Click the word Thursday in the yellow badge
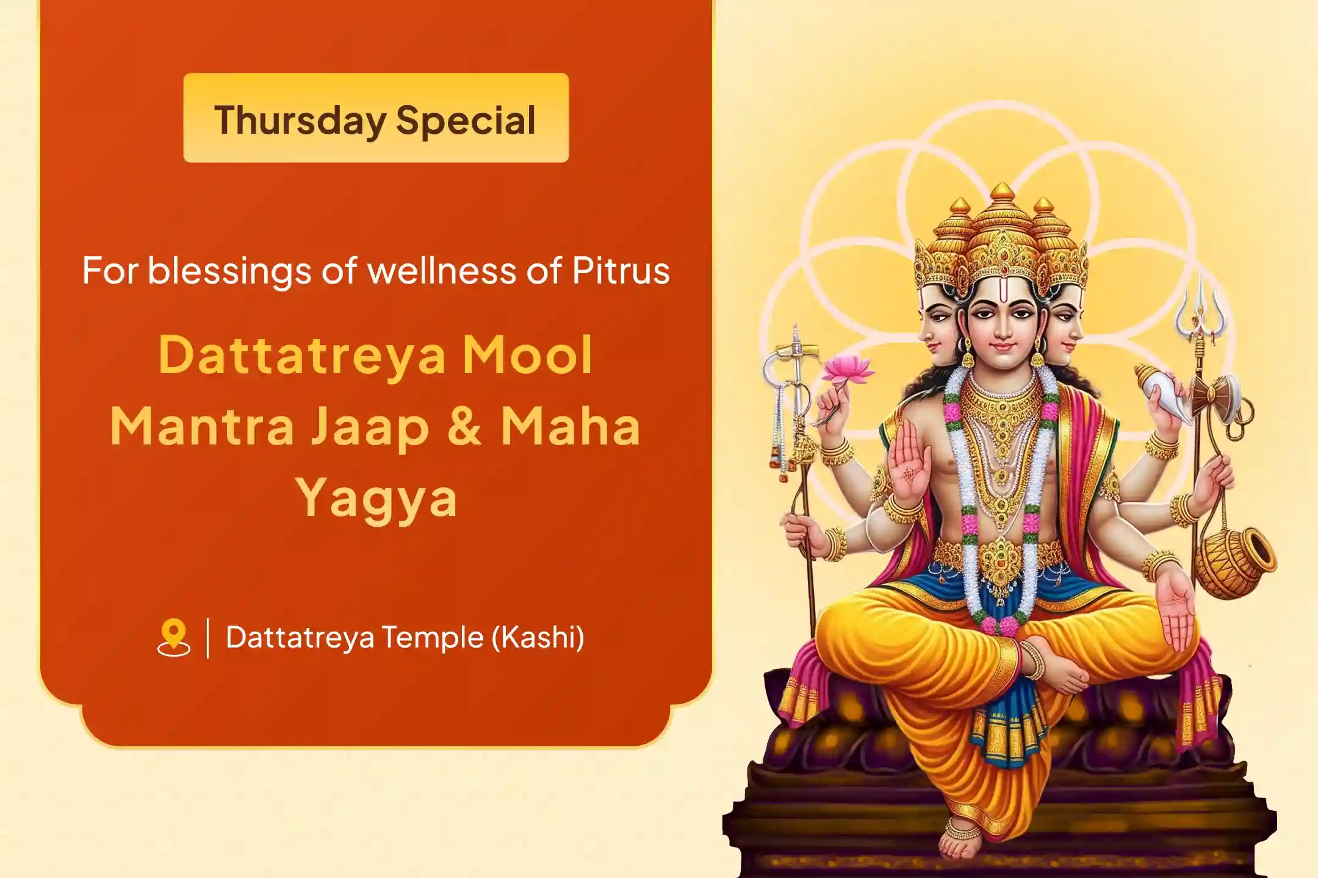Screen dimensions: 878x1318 click(x=300, y=120)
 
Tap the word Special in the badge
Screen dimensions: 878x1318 click(x=466, y=120)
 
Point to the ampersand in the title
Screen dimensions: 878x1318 click(x=465, y=426)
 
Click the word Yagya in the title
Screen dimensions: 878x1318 click(x=376, y=499)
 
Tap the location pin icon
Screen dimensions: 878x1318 click(x=173, y=637)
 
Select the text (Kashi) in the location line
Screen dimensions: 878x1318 click(x=538, y=637)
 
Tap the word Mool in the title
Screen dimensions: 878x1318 click(x=527, y=355)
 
